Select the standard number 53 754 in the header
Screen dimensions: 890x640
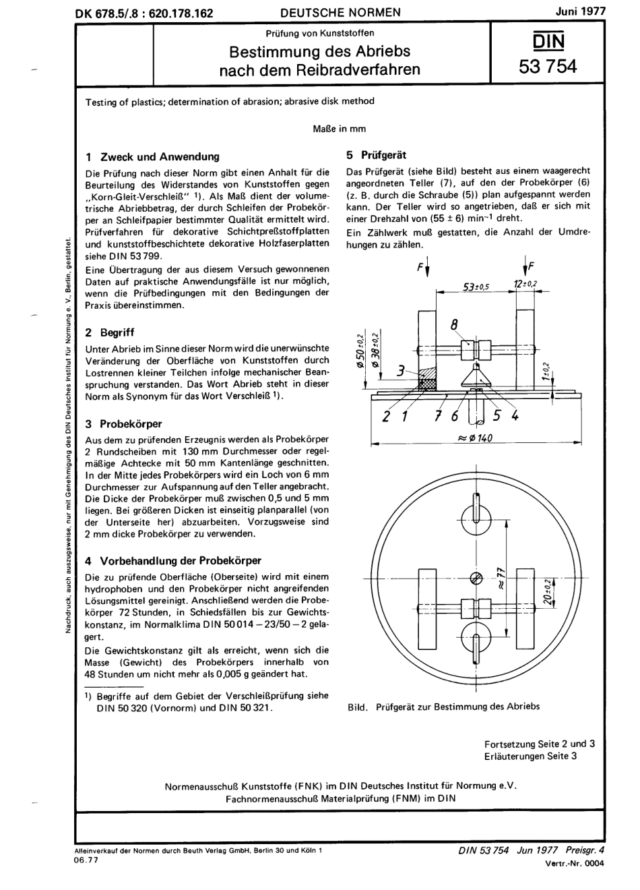(x=548, y=65)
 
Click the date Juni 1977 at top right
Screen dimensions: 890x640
(x=580, y=11)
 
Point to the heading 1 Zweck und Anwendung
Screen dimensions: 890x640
(x=153, y=156)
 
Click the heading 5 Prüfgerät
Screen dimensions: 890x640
(x=376, y=154)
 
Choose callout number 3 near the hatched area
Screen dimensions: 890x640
(x=401, y=370)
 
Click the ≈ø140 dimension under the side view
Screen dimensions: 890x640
(x=475, y=438)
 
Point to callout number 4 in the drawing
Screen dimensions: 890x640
(x=515, y=416)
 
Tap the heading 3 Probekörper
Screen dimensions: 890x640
(x=124, y=424)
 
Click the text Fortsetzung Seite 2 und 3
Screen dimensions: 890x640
(x=539, y=744)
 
